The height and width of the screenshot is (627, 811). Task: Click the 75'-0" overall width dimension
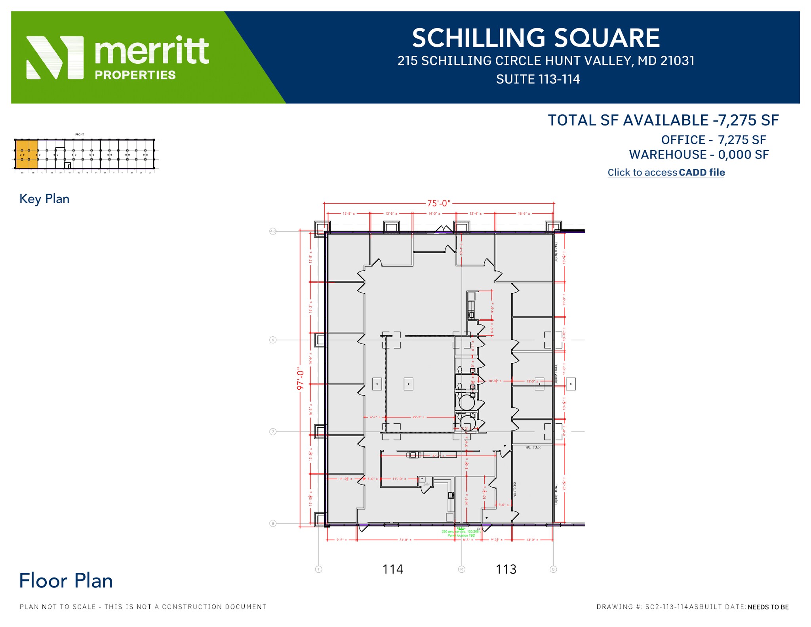438,203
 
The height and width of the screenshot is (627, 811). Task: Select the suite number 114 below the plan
392,569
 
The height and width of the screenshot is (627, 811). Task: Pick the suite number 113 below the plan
506,569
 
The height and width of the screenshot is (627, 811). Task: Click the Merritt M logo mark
55,58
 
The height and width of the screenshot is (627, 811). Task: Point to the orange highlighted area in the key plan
27,154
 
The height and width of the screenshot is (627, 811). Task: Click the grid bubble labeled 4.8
273,231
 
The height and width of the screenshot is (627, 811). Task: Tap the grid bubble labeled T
319,569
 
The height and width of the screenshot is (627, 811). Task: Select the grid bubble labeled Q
553,569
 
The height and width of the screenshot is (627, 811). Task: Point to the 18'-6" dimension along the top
524,213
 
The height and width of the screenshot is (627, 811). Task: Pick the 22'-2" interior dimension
419,417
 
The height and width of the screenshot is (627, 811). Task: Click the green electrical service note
461,533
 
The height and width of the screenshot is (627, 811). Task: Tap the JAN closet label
426,484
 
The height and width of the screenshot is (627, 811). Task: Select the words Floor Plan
66,581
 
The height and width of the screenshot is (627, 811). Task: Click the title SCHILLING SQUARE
536,38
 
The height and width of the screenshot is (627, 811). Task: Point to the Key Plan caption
44,199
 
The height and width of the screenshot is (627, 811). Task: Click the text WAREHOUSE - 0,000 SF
699,154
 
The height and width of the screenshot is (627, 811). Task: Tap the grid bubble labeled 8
273,524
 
